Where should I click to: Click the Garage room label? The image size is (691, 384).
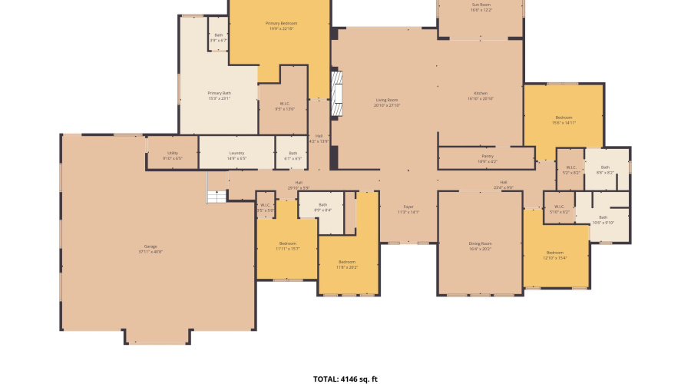pyautogui.click(x=150, y=249)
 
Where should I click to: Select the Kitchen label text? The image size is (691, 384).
pyautogui.click(x=481, y=96)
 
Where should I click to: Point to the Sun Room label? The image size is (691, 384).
pyautogui.click(x=481, y=7)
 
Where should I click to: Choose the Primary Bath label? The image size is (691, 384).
pyautogui.click(x=219, y=95)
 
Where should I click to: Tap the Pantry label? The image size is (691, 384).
pyautogui.click(x=487, y=158)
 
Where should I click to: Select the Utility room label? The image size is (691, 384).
pyautogui.click(x=172, y=155)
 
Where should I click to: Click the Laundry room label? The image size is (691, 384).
pyautogui.click(x=236, y=155)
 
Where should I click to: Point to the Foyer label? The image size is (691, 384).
pyautogui.click(x=408, y=209)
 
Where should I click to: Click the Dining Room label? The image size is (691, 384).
pyautogui.click(x=479, y=247)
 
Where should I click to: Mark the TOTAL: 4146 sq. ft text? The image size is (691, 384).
pyautogui.click(x=345, y=379)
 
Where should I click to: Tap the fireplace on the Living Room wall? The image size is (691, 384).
pyautogui.click(x=336, y=94)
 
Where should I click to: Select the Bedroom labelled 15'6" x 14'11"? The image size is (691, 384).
pyautogui.click(x=564, y=120)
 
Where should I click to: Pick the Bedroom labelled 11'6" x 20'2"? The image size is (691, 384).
pyautogui.click(x=346, y=265)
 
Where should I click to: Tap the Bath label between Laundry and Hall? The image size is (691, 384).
pyautogui.click(x=293, y=155)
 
